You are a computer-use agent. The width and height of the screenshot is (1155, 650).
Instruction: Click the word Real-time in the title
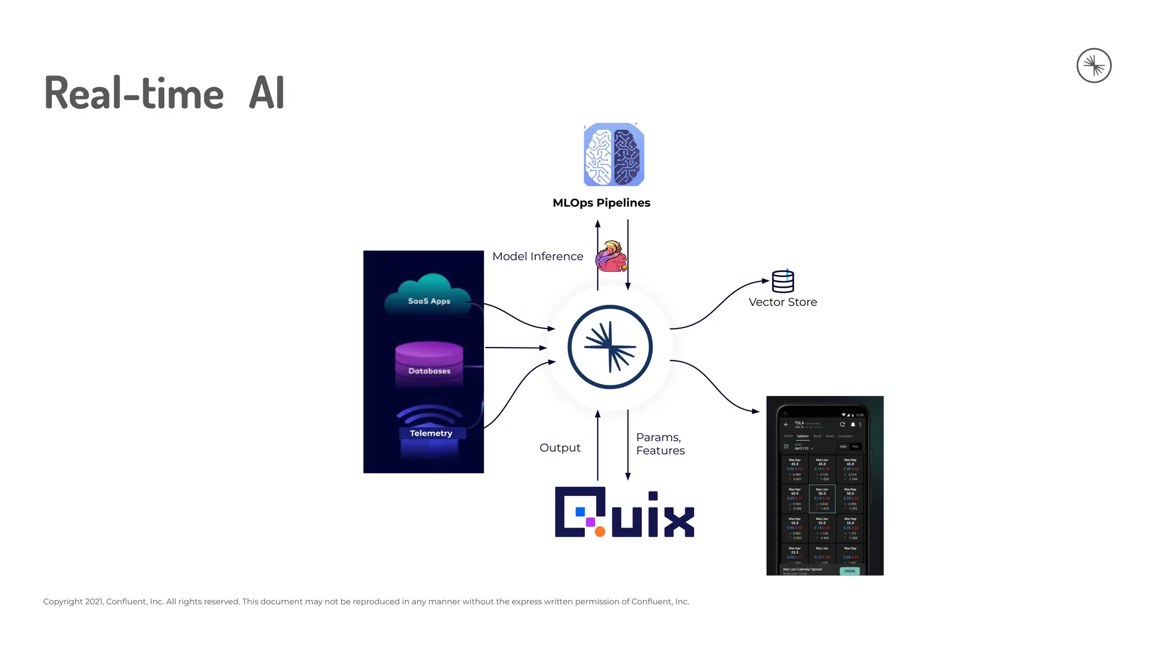pos(134,93)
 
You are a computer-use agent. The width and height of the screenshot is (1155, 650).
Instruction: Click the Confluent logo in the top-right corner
pos(1094,65)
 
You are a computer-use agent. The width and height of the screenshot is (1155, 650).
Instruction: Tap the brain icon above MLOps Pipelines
pos(614,155)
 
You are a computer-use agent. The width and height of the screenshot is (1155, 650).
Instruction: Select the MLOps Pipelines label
pos(601,203)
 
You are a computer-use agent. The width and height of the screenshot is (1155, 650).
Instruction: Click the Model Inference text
pos(537,256)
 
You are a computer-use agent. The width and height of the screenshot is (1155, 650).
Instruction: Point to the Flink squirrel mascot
pos(611,257)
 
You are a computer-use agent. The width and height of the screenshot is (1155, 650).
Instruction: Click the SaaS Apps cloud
pos(429,295)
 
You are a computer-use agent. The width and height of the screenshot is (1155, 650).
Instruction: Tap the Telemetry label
pos(431,433)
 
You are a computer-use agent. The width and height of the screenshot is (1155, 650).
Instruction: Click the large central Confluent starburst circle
pos(610,347)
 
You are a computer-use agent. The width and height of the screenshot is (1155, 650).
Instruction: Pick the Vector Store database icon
pos(783,281)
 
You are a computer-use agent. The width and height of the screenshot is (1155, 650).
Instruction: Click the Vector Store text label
pos(783,302)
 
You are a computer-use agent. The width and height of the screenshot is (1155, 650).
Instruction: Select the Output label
pos(559,447)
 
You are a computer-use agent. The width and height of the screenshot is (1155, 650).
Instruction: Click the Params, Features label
pos(660,443)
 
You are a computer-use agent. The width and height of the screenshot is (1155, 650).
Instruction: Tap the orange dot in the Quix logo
pos(600,532)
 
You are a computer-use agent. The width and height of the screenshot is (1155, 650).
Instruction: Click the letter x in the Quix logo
pos(679,521)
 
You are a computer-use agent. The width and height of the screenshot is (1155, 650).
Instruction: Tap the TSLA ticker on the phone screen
pos(799,423)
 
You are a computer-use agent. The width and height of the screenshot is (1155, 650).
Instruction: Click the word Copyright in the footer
pos(63,601)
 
